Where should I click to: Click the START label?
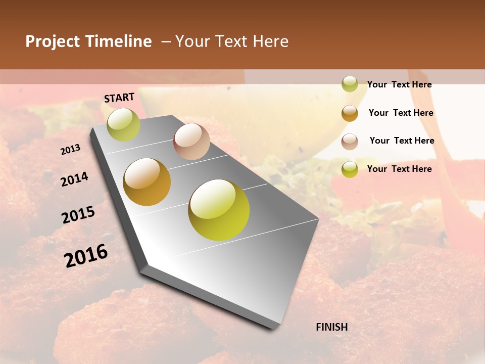point(119,98)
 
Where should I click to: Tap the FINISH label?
point(332,327)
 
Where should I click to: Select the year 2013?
point(70,150)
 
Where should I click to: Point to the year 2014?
point(74,179)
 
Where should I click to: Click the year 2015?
point(78,215)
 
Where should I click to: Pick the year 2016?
point(86,256)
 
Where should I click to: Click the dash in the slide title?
point(166,41)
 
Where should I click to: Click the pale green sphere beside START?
point(124,124)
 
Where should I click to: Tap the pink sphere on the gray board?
point(191,142)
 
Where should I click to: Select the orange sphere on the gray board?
point(147,182)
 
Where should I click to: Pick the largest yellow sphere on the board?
point(219,210)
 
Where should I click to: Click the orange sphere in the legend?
point(350,113)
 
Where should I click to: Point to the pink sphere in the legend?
point(350,142)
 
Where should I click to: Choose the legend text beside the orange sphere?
point(401,113)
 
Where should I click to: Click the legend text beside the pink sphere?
point(402,141)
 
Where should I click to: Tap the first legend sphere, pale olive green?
point(350,84)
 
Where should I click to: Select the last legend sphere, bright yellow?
point(350,169)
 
